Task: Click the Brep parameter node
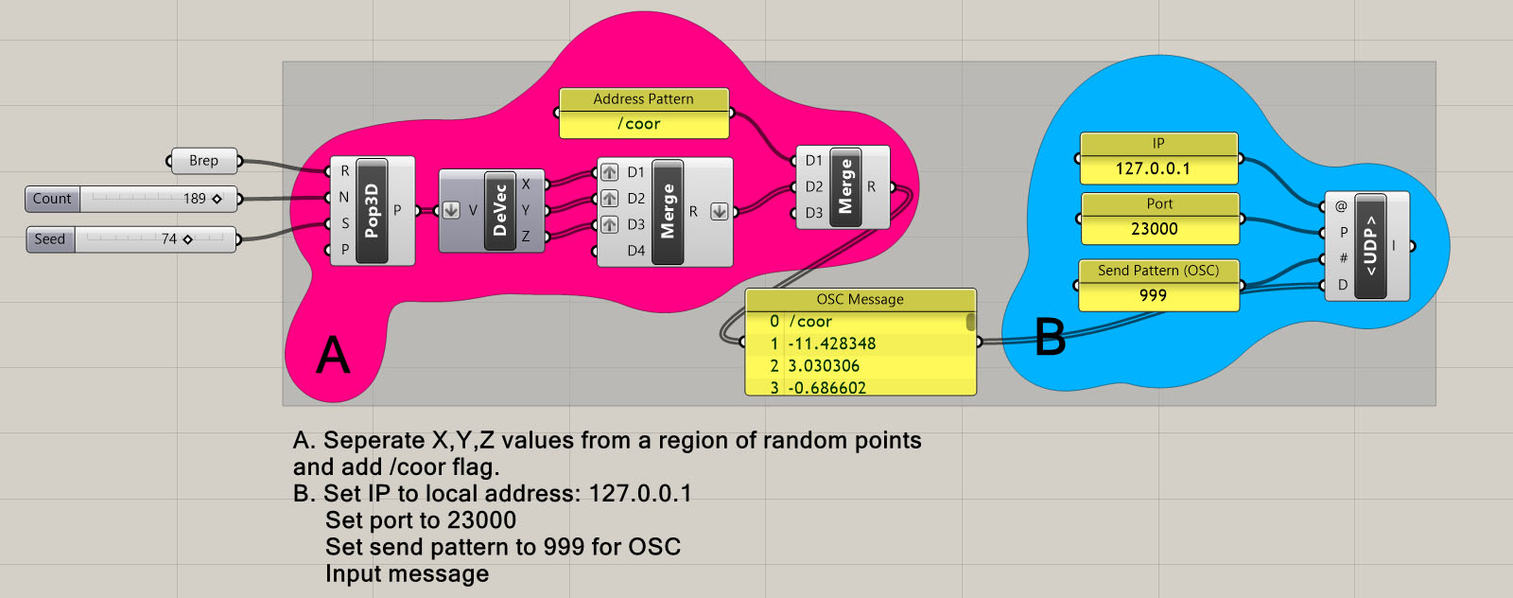tap(203, 161)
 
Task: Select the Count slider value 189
tap(195, 199)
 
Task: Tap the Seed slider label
tap(50, 239)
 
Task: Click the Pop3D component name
tap(372, 211)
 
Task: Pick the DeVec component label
tap(499, 211)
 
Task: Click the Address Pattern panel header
tap(643, 99)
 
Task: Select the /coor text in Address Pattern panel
tap(639, 124)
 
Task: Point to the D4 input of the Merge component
tap(635, 251)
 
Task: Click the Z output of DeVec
tap(526, 236)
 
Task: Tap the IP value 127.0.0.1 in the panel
tap(1153, 169)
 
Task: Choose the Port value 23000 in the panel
tap(1155, 229)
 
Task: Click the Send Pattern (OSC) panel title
tap(1158, 271)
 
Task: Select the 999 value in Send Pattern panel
tap(1153, 295)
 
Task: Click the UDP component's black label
tap(1369, 247)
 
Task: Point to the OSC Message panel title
tap(860, 300)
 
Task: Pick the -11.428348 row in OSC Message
tap(832, 343)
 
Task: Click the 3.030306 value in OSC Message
tap(824, 366)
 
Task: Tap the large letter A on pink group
tap(333, 356)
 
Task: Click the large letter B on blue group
tap(1050, 337)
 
